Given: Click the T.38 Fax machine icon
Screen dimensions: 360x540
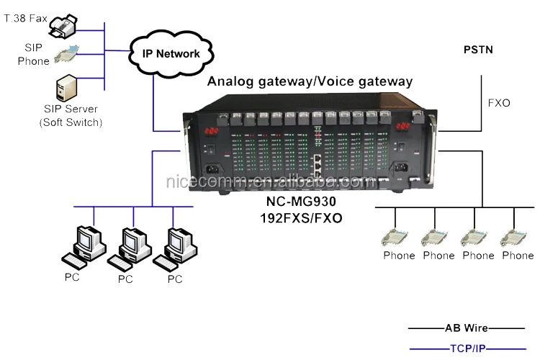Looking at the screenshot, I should point(68,27).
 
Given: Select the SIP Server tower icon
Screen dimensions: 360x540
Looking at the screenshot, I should point(67,89).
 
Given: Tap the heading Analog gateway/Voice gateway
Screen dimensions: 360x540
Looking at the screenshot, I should point(310,81).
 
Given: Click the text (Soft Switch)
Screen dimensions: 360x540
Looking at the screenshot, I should point(71,122).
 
